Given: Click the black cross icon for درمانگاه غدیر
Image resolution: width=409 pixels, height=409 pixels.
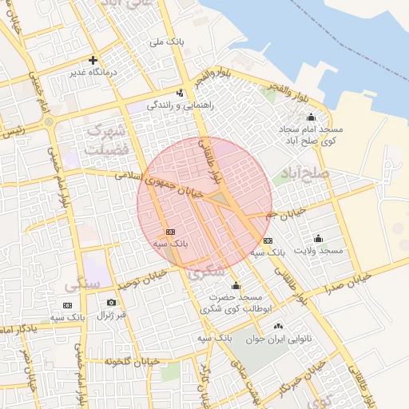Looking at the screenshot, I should (x=93, y=60).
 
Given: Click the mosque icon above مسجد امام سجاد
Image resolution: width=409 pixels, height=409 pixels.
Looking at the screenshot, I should (x=311, y=117).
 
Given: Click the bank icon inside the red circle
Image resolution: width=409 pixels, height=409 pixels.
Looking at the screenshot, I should (x=169, y=231).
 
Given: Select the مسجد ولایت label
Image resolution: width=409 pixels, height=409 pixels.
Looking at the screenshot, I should (x=318, y=251).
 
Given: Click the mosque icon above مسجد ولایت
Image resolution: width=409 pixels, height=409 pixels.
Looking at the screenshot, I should (x=318, y=238).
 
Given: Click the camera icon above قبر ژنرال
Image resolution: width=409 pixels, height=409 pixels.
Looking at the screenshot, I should (x=111, y=302).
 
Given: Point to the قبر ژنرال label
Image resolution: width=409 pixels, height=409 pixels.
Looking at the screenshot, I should (x=111, y=315).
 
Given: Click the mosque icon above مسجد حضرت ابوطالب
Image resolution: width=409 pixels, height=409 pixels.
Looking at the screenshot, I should (x=236, y=286).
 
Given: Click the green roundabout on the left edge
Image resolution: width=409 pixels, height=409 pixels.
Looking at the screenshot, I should (x=49, y=122).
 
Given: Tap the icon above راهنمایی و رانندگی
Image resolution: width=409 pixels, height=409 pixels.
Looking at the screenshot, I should (x=181, y=92).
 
